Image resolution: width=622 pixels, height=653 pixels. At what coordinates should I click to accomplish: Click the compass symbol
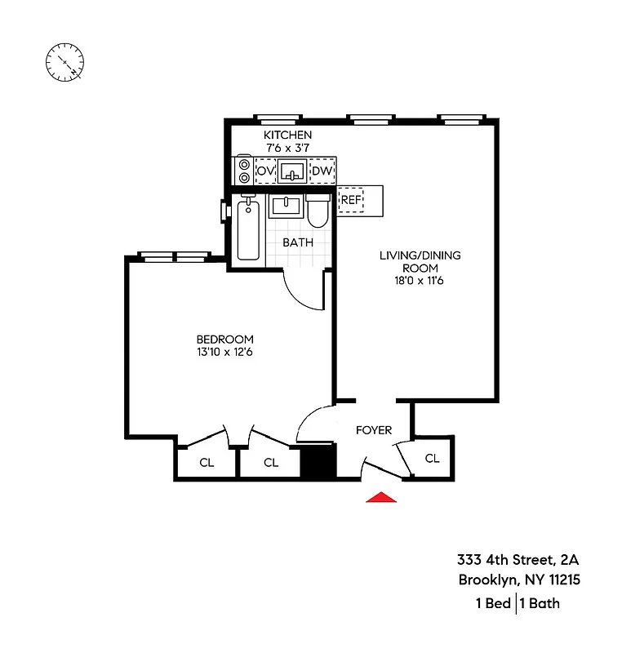pyautogui.click(x=65, y=62)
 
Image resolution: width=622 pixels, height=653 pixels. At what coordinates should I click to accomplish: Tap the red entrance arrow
pyautogui.click(x=380, y=497)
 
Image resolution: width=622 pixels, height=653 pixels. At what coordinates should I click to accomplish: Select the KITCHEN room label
pyautogui.click(x=287, y=135)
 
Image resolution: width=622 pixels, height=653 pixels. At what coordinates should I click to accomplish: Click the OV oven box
pyautogui.click(x=265, y=171)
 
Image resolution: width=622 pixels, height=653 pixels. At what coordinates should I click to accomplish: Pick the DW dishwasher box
pyautogui.click(x=322, y=171)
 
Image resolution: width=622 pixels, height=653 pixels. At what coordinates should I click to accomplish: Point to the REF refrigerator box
pyautogui.click(x=351, y=199)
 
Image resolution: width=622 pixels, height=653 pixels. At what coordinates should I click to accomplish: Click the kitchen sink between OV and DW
pyautogui.click(x=292, y=171)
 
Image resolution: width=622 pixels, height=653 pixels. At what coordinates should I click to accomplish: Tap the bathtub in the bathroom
pyautogui.click(x=248, y=230)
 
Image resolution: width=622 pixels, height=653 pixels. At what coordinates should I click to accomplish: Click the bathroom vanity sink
pyautogui.click(x=287, y=205)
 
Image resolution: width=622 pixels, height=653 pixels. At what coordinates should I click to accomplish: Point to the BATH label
pyautogui.click(x=298, y=242)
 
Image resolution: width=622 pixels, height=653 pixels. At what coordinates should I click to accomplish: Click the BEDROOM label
pyautogui.click(x=224, y=340)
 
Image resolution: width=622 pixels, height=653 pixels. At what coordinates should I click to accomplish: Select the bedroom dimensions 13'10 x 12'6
pyautogui.click(x=224, y=353)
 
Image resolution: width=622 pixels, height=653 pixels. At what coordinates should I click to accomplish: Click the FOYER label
pyautogui.click(x=374, y=430)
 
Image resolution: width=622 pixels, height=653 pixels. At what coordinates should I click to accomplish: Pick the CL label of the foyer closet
pyautogui.click(x=432, y=459)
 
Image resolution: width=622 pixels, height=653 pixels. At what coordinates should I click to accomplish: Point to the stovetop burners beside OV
pyautogui.click(x=243, y=171)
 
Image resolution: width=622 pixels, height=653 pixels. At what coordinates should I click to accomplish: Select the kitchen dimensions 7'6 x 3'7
pyautogui.click(x=287, y=148)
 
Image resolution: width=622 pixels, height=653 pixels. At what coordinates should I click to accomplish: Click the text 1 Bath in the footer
pyautogui.click(x=540, y=604)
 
